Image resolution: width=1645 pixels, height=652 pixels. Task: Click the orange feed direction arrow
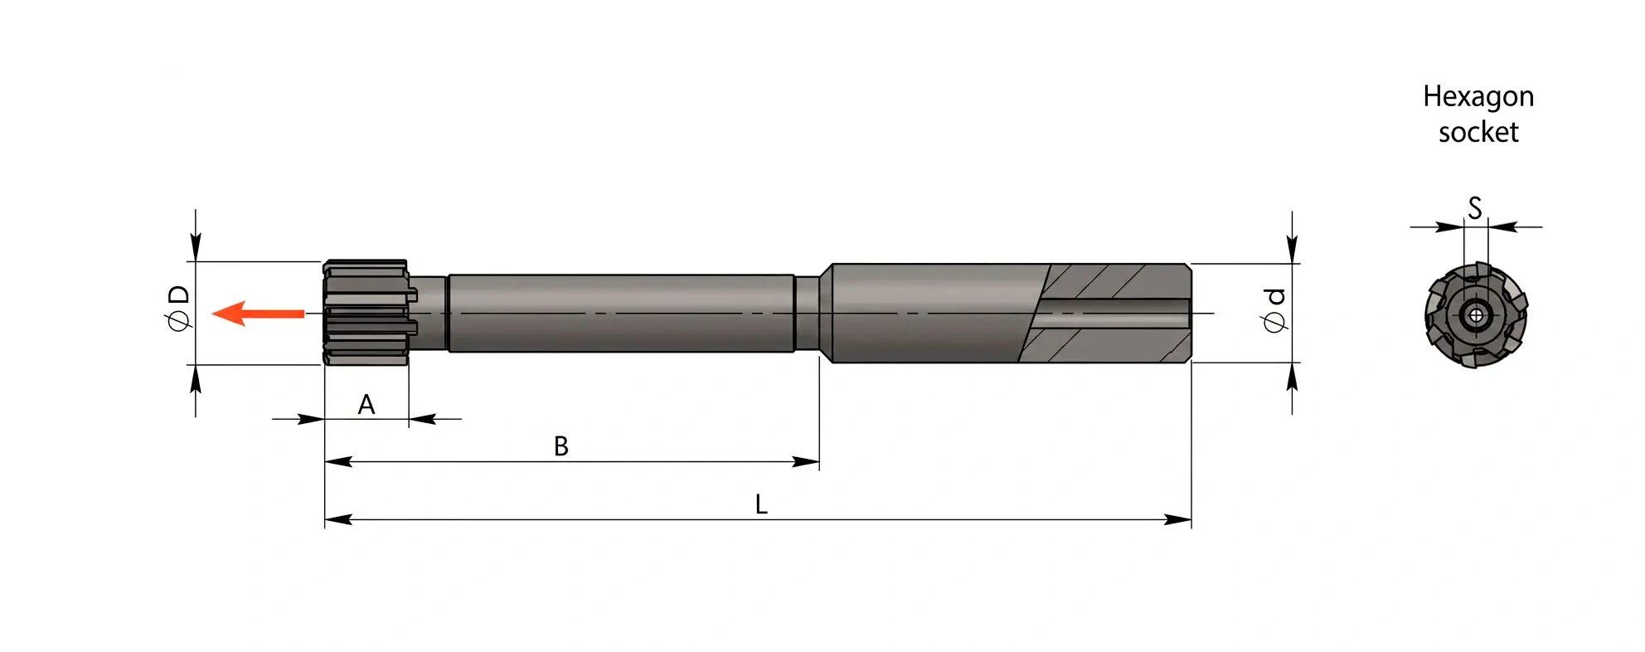(258, 314)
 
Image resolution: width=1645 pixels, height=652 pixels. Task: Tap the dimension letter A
(366, 405)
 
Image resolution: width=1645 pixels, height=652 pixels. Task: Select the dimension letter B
(561, 446)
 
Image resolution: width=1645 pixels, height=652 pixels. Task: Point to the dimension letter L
(761, 504)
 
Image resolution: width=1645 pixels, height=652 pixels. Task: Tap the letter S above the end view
(1475, 208)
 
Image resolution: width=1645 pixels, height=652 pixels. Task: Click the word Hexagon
(1478, 97)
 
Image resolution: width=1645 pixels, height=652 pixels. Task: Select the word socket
(1478, 133)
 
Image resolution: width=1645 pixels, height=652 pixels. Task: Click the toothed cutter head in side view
(368, 313)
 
